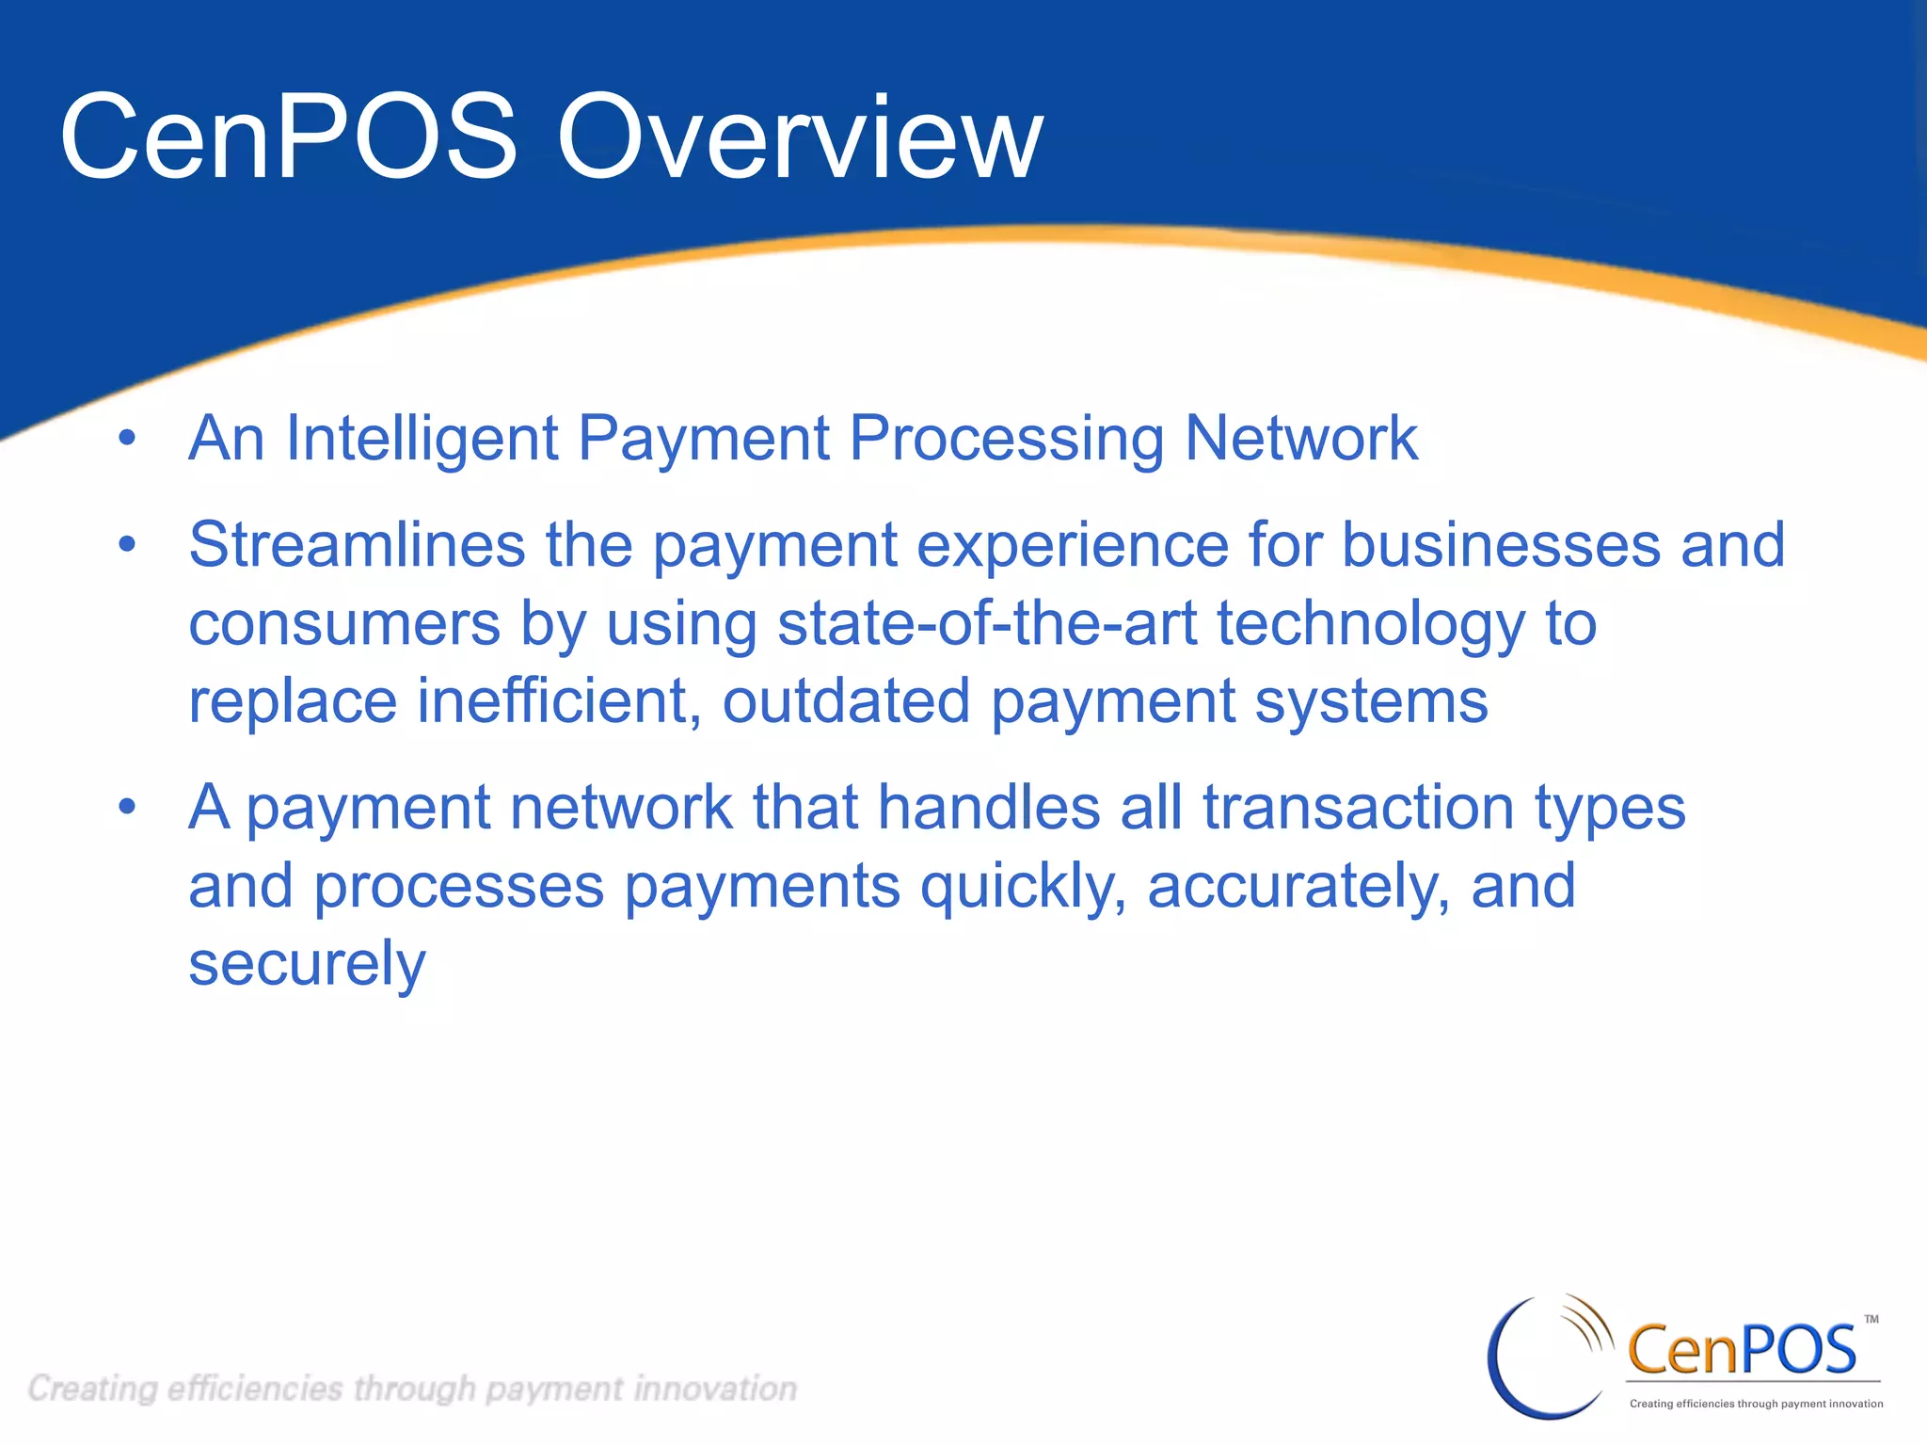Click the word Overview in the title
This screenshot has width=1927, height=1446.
(x=800, y=138)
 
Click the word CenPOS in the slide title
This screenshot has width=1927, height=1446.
(x=288, y=138)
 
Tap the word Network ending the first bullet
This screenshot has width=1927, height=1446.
(x=1300, y=439)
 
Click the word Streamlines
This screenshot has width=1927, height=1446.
(x=357, y=545)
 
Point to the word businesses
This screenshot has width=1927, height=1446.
(x=1501, y=545)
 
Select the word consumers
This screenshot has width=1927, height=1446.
(x=344, y=624)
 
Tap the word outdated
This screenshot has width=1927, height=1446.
(x=846, y=701)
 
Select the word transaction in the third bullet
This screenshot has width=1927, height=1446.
(x=1358, y=808)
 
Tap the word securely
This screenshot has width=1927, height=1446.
(x=307, y=965)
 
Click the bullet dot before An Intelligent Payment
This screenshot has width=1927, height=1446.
(x=127, y=439)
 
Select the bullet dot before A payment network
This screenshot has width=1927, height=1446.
(x=127, y=807)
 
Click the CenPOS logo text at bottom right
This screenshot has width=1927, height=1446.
(x=1741, y=1349)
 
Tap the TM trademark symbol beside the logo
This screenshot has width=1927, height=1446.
(x=1871, y=1319)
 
